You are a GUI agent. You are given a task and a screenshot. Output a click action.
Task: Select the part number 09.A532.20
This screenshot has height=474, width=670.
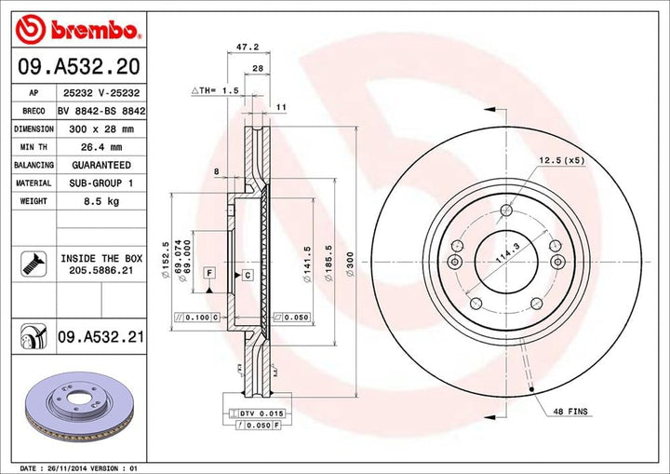78,67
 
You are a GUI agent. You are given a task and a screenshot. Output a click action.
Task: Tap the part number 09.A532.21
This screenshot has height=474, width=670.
100,336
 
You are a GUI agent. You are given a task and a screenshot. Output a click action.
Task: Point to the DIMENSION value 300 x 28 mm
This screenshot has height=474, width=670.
100,129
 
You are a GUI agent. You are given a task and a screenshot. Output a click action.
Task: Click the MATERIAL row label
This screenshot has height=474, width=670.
33,183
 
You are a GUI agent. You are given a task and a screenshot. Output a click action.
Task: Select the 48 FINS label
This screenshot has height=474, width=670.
570,411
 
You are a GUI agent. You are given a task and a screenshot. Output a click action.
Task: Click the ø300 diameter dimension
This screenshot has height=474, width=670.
350,270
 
